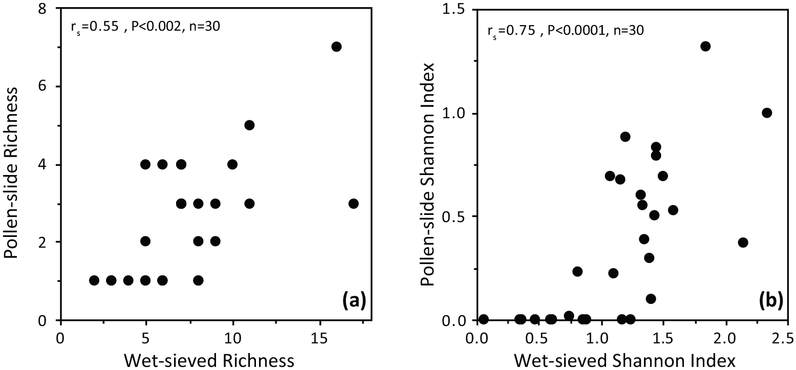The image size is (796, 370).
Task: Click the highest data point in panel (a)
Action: [x=336, y=47]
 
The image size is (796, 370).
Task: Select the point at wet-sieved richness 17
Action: [x=353, y=204]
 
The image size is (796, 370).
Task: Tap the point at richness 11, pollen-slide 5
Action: [x=249, y=125]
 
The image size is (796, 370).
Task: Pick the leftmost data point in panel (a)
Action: [x=94, y=280]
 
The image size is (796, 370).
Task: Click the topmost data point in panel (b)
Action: [x=705, y=46]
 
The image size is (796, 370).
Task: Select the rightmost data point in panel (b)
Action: [x=767, y=113]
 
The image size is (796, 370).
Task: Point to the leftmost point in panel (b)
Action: [x=483, y=319]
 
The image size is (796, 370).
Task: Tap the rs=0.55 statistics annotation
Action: [x=146, y=27]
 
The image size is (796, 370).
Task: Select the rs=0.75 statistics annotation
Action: [x=565, y=31]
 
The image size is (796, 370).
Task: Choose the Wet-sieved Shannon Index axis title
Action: [x=625, y=361]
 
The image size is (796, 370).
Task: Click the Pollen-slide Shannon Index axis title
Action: [x=427, y=175]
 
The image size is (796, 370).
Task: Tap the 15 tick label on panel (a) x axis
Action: [x=320, y=338]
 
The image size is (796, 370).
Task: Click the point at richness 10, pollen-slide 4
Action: [x=232, y=165]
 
